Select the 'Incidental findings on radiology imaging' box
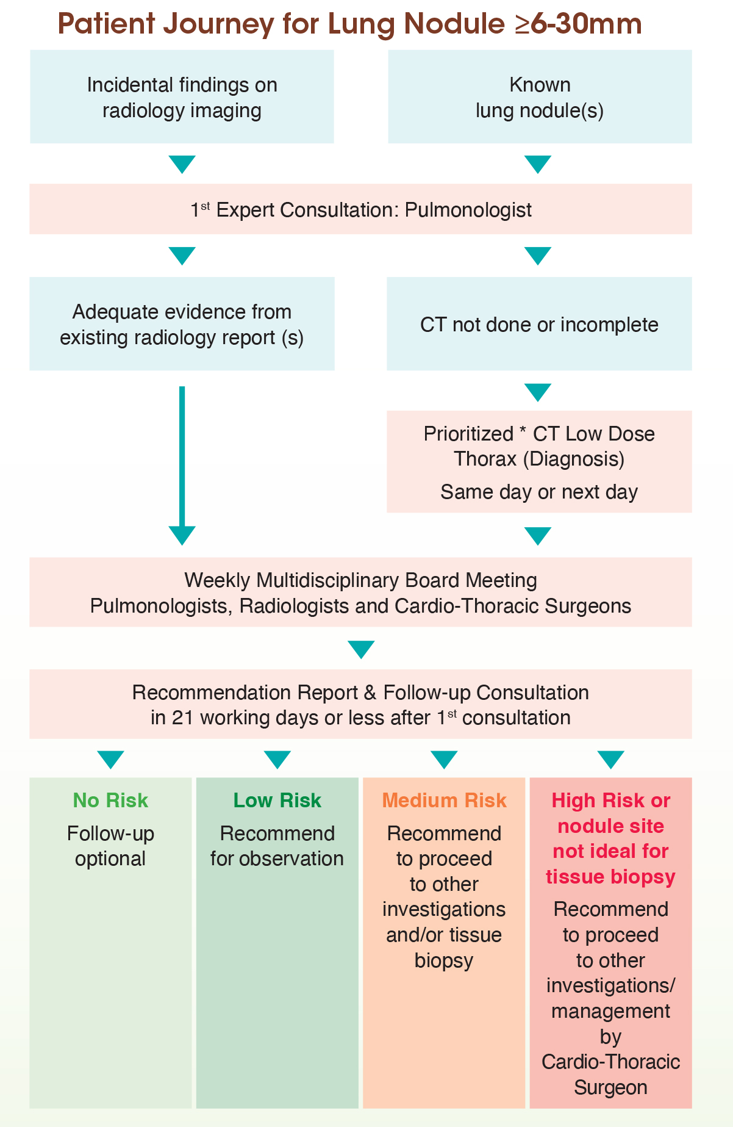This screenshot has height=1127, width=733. coord(182,97)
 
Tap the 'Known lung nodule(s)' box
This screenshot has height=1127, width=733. coord(540,97)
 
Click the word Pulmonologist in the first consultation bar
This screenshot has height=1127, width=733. coord(468,210)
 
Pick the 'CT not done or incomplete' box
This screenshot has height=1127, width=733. coord(539,325)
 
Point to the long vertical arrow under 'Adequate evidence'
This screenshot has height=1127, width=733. coord(182,458)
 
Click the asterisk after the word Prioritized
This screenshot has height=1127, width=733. coord(523,432)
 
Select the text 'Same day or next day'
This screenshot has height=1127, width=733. coord(539,492)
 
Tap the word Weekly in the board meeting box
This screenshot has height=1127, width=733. coord(218,580)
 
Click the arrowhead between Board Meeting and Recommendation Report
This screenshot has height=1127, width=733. coord(361,649)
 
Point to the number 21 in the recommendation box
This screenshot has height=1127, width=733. coord(182,718)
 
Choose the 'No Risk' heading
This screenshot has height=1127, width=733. coord(110,801)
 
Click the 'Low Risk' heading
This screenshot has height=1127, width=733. coord(277,801)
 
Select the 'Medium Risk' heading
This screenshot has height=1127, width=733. coord(444,801)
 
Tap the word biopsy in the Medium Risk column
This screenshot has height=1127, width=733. coord(444,960)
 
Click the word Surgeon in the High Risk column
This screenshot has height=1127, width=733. coord(610,1087)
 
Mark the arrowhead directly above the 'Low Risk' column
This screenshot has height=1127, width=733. coord(277,760)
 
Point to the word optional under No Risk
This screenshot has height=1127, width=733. coord(110,859)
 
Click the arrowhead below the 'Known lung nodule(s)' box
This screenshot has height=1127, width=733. coord(538,164)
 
